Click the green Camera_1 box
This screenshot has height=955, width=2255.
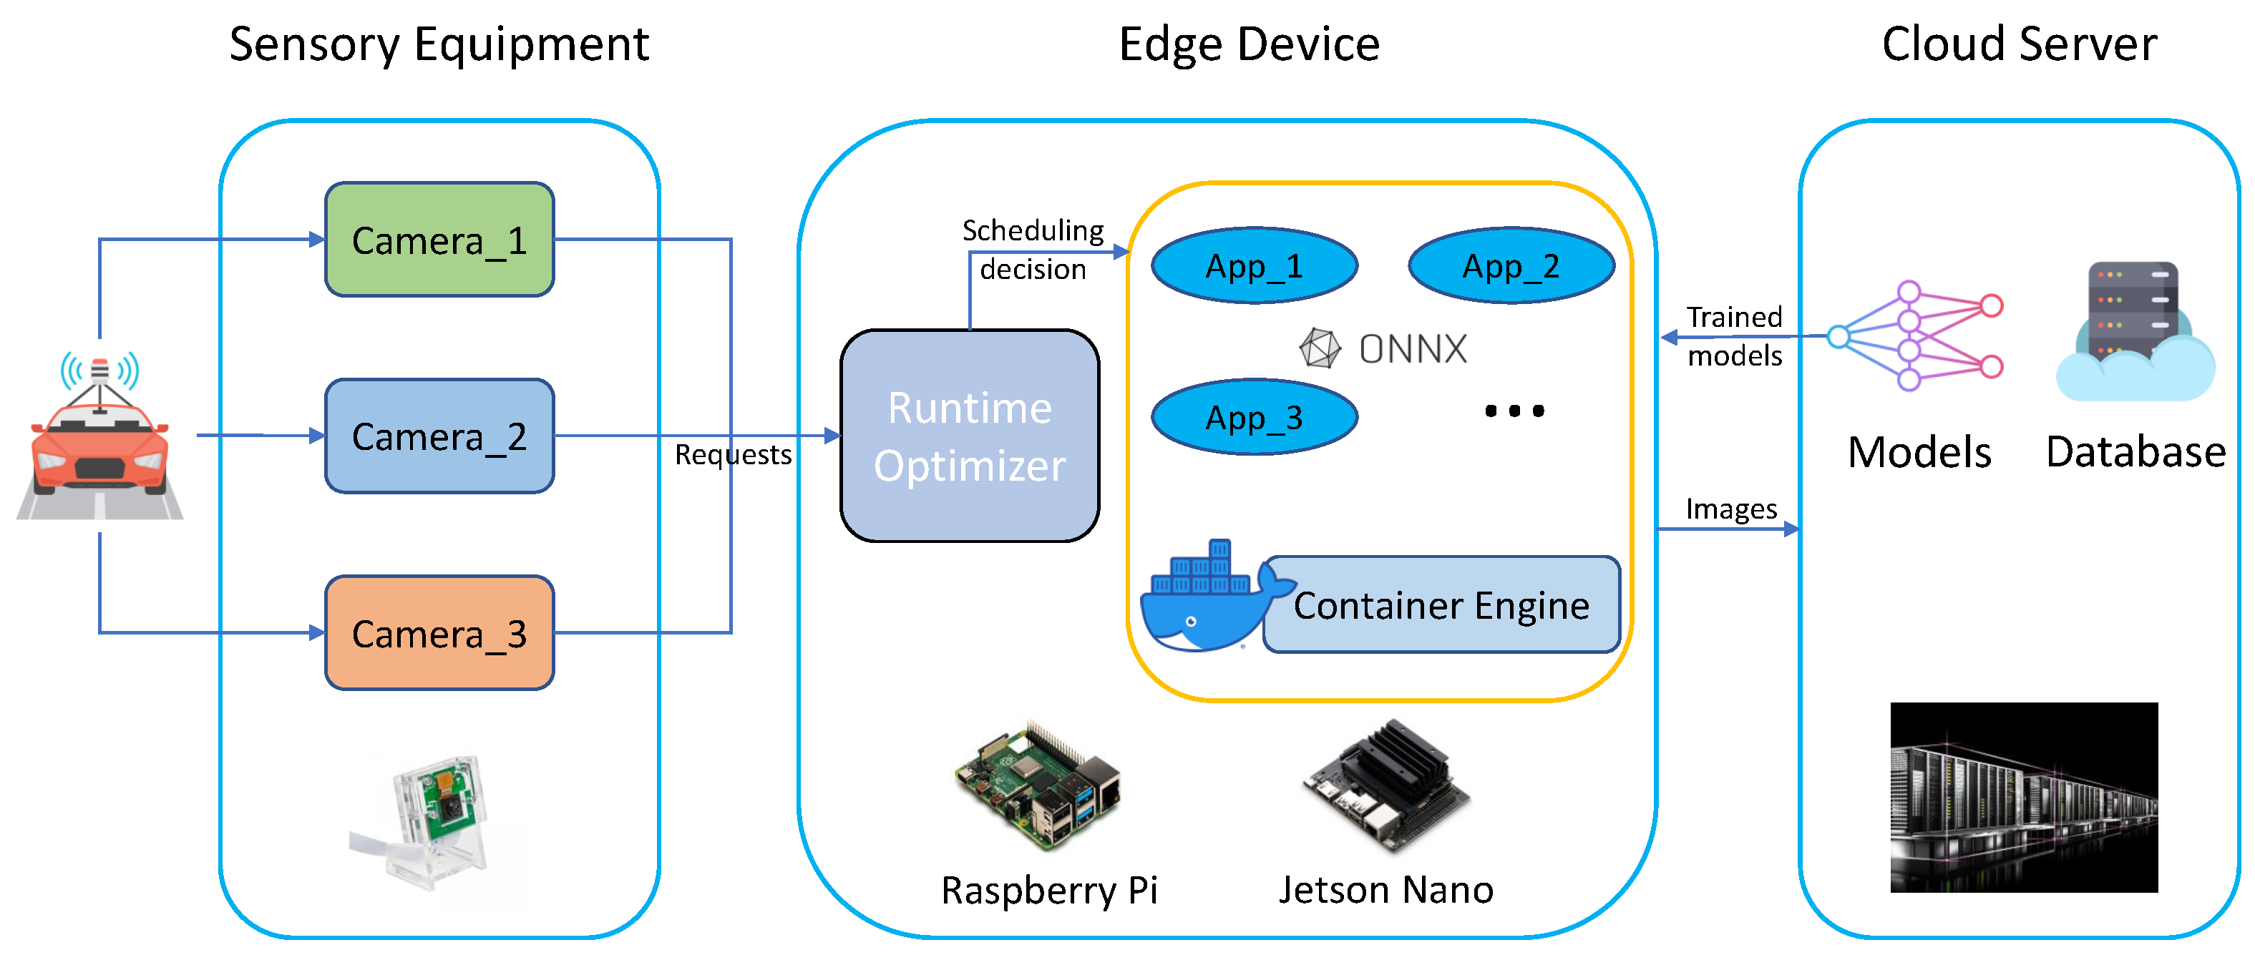439,240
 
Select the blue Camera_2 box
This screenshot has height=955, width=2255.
439,436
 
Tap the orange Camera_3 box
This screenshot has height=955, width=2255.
439,633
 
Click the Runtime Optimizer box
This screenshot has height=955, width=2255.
969,436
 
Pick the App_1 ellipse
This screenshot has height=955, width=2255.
1254,266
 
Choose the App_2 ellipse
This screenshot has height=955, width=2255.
1511,266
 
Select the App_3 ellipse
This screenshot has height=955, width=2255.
1254,418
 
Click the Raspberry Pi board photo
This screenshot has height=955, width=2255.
1038,786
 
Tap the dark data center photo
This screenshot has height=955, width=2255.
2023,797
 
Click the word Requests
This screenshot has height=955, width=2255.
733,455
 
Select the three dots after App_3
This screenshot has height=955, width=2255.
1514,411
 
